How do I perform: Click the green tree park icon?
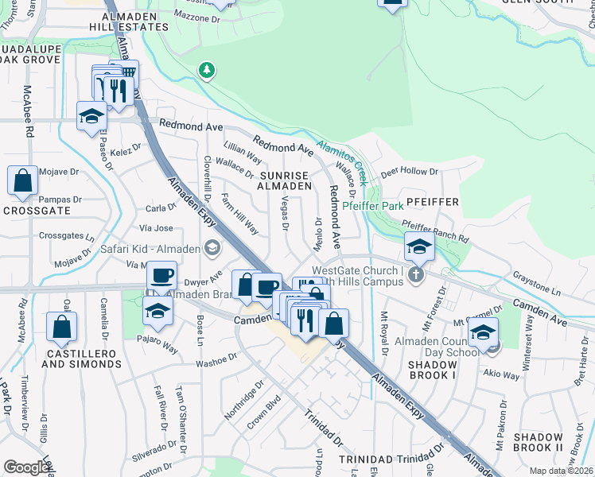pyautogui.click(x=207, y=71)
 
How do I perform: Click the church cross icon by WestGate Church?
pyautogui.click(x=414, y=275)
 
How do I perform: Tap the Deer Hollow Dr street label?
pyautogui.click(x=409, y=172)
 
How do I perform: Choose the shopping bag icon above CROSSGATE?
pyautogui.click(x=22, y=180)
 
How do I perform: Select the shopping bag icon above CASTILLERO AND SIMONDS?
pyautogui.click(x=61, y=326)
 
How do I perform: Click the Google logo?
pyautogui.click(x=27, y=467)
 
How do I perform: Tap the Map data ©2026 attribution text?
pyautogui.click(x=561, y=471)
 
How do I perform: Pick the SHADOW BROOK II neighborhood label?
pyautogui.click(x=539, y=443)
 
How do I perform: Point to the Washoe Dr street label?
pyautogui.click(x=216, y=361)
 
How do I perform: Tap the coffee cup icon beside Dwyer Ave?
pyautogui.click(x=161, y=276)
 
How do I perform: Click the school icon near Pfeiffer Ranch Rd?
pyautogui.click(x=418, y=246)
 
